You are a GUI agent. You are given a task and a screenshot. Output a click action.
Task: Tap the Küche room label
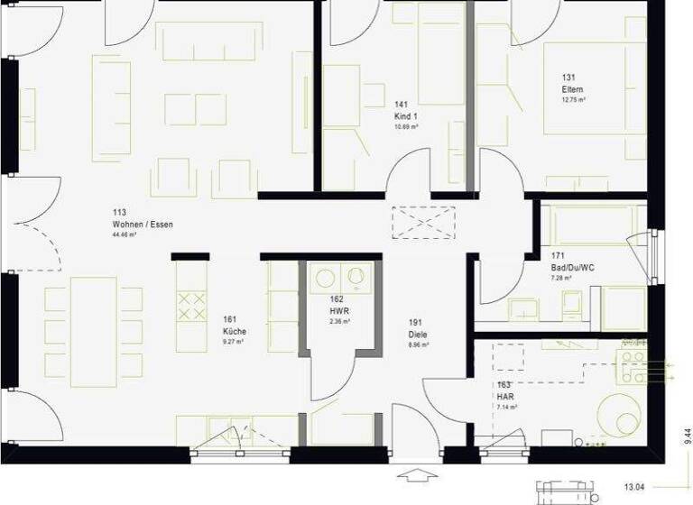click(x=235, y=331)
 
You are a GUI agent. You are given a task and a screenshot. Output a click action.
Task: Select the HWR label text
click(x=337, y=310)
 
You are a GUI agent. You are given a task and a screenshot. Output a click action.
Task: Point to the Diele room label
click(x=417, y=334)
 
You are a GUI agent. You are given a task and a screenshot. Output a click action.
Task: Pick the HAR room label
click(x=505, y=397)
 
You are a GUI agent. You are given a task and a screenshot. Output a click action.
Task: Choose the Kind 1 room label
click(x=406, y=116)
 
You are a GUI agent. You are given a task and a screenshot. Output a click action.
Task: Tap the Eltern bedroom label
click(x=572, y=90)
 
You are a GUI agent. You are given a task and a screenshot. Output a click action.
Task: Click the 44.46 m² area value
click(x=124, y=234)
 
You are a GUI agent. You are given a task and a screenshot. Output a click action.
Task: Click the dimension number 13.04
click(x=635, y=487)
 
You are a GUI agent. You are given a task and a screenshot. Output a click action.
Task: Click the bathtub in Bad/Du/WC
click(x=591, y=225)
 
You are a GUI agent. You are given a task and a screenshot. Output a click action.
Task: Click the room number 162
click(x=337, y=298)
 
